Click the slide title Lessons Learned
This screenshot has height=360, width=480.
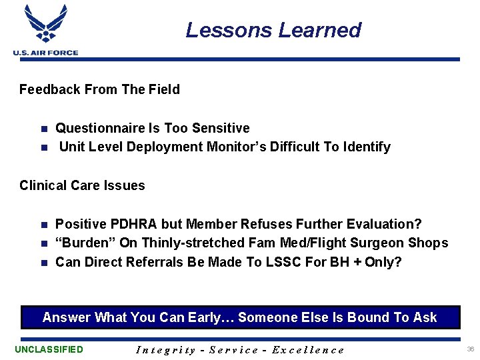tap(273, 30)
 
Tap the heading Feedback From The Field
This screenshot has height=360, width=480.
tap(99, 89)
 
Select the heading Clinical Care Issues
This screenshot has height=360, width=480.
tap(82, 185)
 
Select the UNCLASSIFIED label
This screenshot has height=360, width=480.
tap(49, 349)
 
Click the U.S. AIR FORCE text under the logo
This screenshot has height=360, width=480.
tap(45, 53)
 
